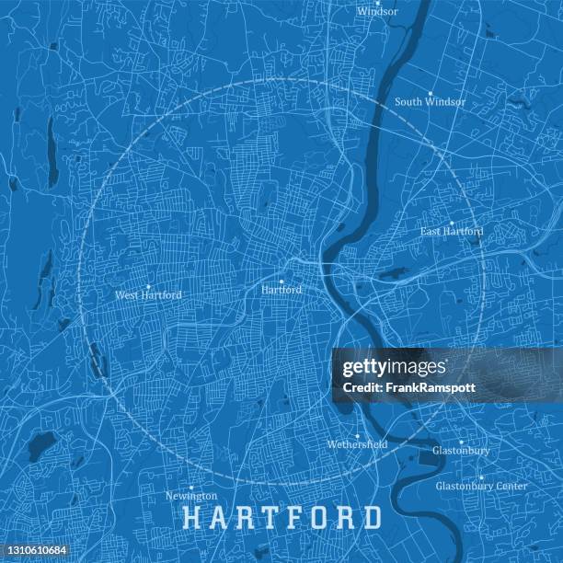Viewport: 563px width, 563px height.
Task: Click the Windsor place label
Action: [378, 12]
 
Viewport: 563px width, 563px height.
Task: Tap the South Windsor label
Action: [430, 102]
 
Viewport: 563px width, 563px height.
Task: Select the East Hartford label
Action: [451, 232]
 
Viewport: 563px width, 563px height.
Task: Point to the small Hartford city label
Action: [281, 290]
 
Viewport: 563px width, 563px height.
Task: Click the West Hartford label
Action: [148, 295]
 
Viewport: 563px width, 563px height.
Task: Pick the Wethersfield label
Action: [357, 444]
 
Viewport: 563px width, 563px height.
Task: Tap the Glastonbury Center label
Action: [481, 486]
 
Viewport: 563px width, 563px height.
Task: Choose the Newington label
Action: [191, 496]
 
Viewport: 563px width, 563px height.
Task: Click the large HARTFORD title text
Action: [282, 517]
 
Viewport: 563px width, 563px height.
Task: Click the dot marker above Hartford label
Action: [281, 280]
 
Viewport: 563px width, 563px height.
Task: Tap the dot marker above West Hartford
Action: [148, 285]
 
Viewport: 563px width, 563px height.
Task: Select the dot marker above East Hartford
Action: [451, 222]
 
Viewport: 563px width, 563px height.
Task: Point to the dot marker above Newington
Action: [191, 487]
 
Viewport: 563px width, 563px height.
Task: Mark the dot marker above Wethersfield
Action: [357, 434]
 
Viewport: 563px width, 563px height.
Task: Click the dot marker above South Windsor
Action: [430, 92]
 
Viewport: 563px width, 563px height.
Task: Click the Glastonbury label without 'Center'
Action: [461, 451]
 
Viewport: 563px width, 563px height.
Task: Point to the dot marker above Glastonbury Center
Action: [481, 477]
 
